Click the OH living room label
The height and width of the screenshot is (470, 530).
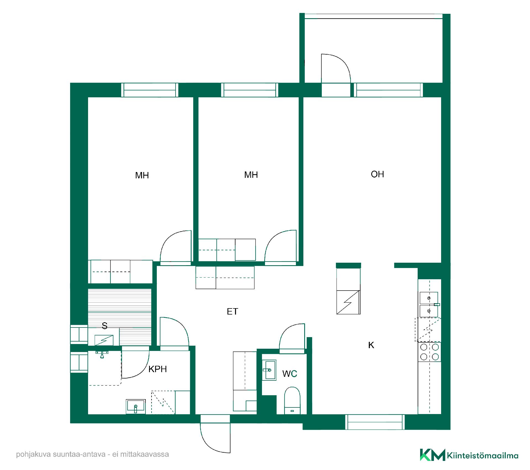(377, 174)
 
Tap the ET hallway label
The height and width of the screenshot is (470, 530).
(232, 311)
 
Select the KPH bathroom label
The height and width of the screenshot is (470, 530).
(158, 369)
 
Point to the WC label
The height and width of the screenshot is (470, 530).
(290, 374)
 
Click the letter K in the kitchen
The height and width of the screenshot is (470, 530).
(371, 345)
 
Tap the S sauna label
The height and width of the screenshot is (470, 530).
(104, 326)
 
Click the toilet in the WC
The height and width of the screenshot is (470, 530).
(292, 400)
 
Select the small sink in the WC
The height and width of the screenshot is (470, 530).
(269, 370)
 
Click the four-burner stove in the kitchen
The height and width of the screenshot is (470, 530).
(429, 352)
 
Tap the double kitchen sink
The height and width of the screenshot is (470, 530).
(429, 305)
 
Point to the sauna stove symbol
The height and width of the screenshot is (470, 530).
(104, 340)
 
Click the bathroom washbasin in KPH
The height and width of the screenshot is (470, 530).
(136, 407)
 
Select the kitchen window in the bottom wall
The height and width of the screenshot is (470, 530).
(375, 422)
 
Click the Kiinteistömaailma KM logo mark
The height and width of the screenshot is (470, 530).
(433, 455)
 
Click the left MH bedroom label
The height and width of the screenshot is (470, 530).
(142, 175)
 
